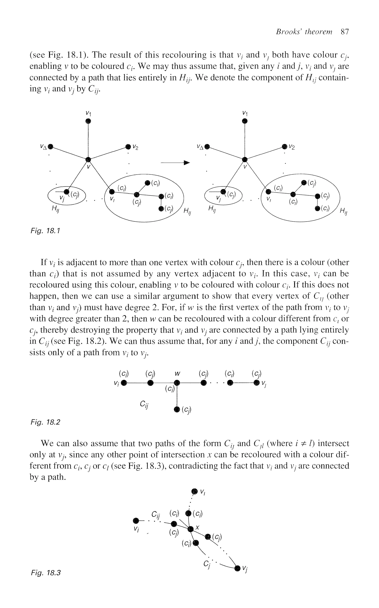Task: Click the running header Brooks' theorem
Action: [304, 32]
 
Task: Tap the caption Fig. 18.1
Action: [45, 230]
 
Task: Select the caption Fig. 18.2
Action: [45, 422]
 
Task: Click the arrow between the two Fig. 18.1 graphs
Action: [175, 163]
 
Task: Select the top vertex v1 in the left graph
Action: [88, 121]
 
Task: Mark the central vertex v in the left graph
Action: [88, 159]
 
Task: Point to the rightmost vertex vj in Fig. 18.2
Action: [256, 383]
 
